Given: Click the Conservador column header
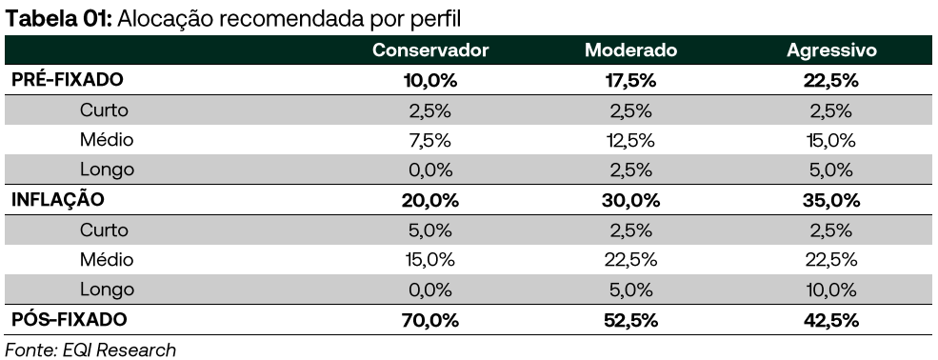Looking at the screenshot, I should click(x=430, y=50).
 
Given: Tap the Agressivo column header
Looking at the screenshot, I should click(x=831, y=50).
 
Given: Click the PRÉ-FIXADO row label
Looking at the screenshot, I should click(x=68, y=80).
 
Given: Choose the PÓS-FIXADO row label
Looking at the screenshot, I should click(x=69, y=320).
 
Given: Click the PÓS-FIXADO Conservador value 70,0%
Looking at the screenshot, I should click(x=430, y=320).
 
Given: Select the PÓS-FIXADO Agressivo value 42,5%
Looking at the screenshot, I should click(x=831, y=320).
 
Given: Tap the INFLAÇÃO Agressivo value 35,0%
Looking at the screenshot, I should click(x=831, y=200).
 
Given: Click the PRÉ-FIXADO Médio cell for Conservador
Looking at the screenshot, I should click(x=430, y=140).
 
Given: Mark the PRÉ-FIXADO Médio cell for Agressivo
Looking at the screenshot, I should click(x=831, y=140).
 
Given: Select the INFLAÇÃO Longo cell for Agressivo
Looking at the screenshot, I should click(x=831, y=290).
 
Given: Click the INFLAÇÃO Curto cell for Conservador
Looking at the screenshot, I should click(x=430, y=230).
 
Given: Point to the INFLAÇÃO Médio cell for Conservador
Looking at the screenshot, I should click(x=430, y=260).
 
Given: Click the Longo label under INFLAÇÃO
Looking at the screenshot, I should click(x=107, y=290).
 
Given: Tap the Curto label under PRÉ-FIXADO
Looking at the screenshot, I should click(x=105, y=110).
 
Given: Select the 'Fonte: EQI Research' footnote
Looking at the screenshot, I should click(x=90, y=349).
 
